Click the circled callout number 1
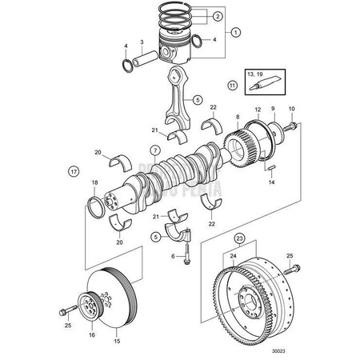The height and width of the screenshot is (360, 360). [235, 33]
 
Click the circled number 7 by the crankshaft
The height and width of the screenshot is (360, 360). [155, 150]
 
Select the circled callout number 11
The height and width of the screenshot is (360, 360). [233, 83]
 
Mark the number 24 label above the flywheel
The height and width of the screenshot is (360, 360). [234, 256]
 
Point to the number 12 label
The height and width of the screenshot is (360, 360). [258, 109]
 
